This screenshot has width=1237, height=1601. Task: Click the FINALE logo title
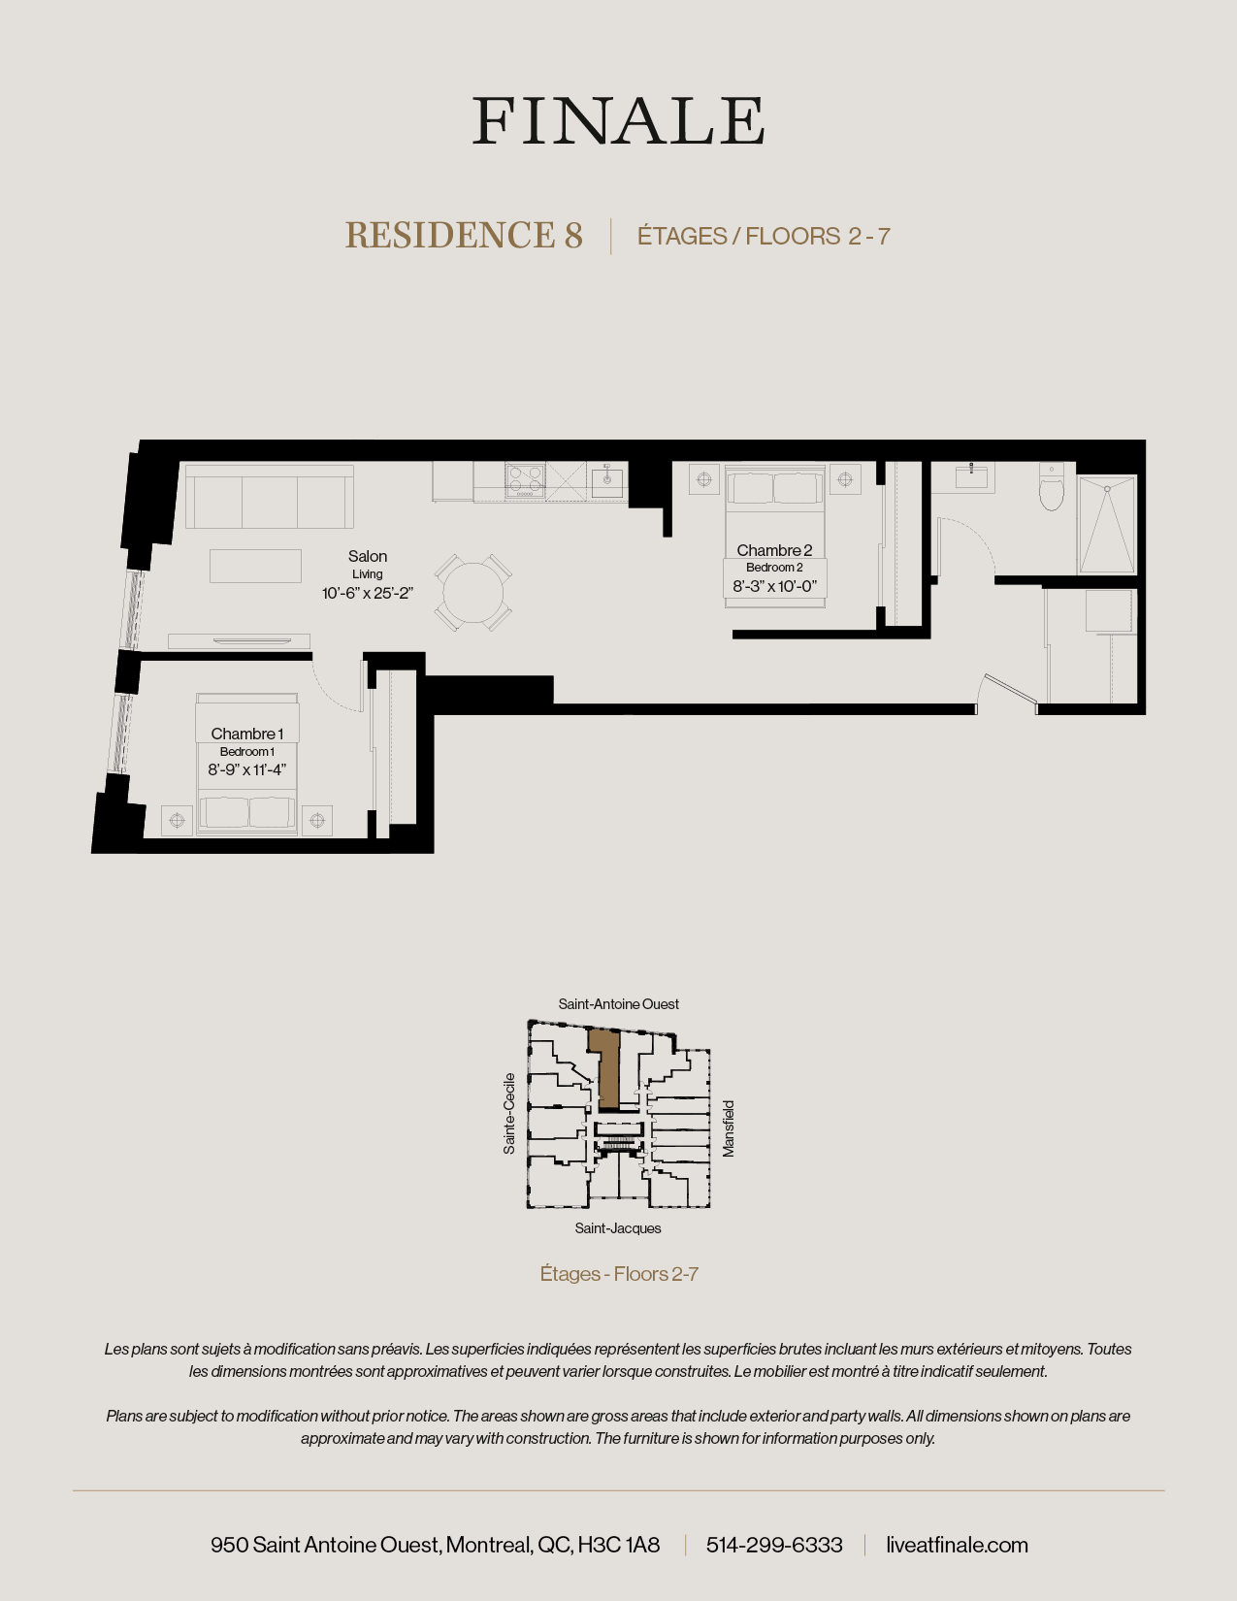click(618, 121)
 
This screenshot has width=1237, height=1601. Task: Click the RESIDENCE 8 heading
click(464, 236)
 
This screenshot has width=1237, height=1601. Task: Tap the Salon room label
click(368, 556)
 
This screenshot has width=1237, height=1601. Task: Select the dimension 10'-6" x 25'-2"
click(368, 593)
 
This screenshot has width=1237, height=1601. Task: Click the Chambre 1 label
click(246, 734)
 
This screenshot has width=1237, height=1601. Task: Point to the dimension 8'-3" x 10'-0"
click(774, 586)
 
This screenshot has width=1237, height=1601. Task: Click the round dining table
click(473, 593)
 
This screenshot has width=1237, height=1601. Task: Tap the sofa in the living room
click(269, 497)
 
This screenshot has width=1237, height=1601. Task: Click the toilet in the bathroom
click(1051, 488)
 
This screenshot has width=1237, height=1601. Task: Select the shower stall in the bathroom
click(1107, 524)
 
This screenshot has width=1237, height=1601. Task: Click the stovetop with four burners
click(525, 480)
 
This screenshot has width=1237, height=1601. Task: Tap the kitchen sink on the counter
click(607, 480)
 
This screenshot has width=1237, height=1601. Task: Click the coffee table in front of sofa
click(255, 566)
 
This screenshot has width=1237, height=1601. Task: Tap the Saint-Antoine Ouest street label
click(618, 1004)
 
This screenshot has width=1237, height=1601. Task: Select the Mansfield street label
click(729, 1127)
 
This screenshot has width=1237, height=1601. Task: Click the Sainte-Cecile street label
click(509, 1113)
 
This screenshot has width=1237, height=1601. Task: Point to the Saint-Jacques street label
click(618, 1228)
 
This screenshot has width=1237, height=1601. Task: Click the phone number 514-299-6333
click(774, 1545)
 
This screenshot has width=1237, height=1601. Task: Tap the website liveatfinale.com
click(957, 1545)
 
